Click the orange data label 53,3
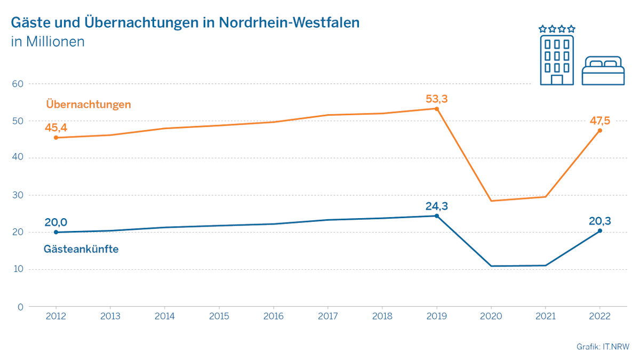(x=437, y=99)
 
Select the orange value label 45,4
(x=56, y=127)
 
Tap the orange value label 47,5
(x=599, y=121)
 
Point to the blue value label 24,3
(x=437, y=206)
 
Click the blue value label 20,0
(x=56, y=222)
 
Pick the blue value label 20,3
(x=599, y=221)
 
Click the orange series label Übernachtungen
(x=88, y=104)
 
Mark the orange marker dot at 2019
(x=437, y=109)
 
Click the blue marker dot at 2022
(x=599, y=231)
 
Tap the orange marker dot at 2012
(x=56, y=138)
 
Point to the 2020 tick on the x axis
(x=491, y=316)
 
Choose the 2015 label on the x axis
(x=219, y=316)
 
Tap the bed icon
(x=603, y=70)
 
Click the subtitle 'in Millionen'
(x=47, y=42)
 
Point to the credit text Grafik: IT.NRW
(x=603, y=347)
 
